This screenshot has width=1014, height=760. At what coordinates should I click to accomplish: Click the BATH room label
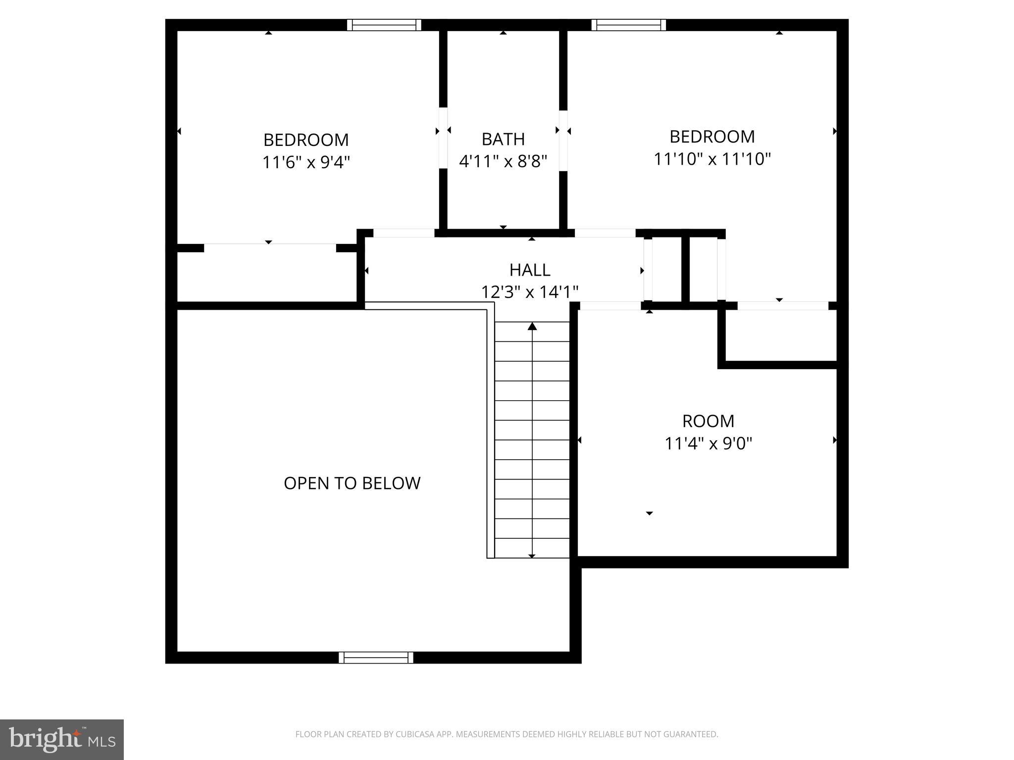503,139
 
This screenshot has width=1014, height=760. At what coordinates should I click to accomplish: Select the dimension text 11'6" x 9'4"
306,162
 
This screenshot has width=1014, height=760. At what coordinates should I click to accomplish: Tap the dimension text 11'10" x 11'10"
712,159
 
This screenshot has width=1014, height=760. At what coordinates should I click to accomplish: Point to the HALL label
530,270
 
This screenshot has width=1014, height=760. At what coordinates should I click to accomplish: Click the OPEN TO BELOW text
352,483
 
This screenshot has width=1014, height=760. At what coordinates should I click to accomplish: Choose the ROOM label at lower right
708,421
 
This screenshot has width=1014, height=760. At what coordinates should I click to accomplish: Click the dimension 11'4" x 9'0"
708,443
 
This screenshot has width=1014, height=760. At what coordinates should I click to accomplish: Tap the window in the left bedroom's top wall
384,25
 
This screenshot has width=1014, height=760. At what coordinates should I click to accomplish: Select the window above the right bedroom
628,25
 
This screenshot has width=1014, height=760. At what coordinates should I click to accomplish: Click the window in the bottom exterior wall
376,657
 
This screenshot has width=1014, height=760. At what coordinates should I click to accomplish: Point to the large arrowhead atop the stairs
532,326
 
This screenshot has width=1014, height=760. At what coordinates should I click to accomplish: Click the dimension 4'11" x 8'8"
503,161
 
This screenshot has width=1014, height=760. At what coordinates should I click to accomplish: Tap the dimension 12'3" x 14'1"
530,292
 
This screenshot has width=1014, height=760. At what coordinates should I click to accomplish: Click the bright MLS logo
62,739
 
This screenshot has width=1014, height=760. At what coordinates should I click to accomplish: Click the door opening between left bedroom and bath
443,138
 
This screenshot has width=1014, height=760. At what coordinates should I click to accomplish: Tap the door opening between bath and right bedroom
563,140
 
